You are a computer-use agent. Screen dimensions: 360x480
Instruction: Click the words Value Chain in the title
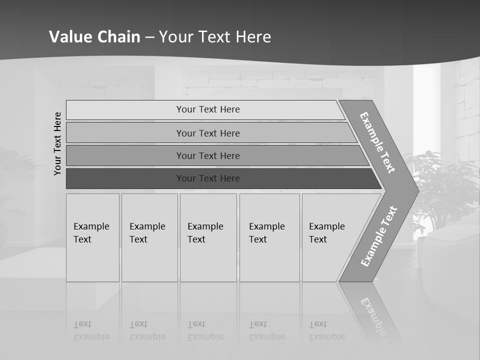point(94,37)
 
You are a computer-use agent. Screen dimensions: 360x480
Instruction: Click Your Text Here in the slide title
point(215,37)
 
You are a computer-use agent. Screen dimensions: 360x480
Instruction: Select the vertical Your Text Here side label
point(58,143)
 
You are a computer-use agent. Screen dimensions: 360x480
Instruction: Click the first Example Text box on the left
point(92,237)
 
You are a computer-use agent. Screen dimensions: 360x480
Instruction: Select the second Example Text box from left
point(149,237)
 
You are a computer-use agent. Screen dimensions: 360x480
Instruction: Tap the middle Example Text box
point(208,237)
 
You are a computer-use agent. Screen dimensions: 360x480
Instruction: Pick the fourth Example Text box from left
point(269,237)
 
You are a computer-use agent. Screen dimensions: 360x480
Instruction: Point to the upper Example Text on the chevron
point(377,142)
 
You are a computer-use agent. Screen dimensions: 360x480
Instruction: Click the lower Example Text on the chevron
point(378,236)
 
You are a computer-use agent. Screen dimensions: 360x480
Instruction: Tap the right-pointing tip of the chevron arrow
point(416,190)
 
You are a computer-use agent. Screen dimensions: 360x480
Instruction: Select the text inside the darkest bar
point(208,178)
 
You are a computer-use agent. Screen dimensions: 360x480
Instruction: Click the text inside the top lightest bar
point(208,109)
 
